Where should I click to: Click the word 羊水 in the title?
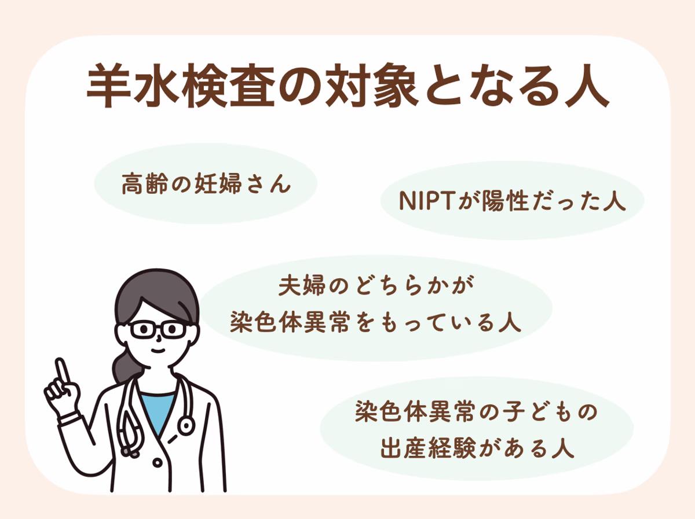(x=134, y=85)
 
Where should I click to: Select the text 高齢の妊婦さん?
(x=206, y=183)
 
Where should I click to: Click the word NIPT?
(x=428, y=201)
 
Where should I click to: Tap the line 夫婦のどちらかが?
(x=376, y=285)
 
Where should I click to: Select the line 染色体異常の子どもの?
(x=476, y=411)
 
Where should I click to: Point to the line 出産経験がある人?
(x=477, y=448)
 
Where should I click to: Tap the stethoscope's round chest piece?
(x=185, y=425)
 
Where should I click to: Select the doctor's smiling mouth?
(x=158, y=351)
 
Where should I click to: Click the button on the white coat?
(x=158, y=463)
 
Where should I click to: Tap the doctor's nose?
(x=159, y=338)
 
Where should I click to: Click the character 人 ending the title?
(x=587, y=86)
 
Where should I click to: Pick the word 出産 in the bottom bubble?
(x=403, y=448)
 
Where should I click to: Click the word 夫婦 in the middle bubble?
(x=302, y=285)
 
